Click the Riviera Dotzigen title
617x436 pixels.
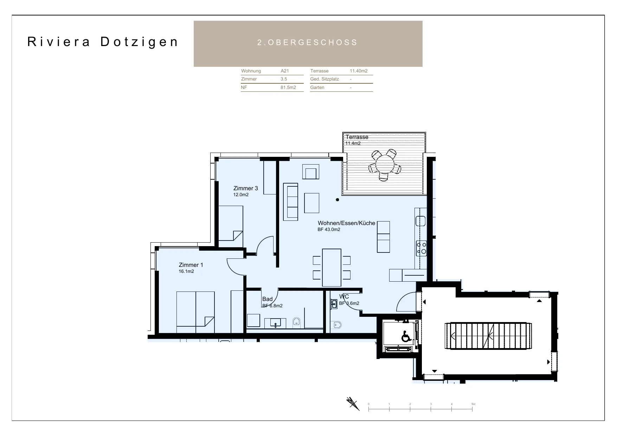click(103, 42)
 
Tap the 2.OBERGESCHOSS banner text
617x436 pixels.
click(308, 43)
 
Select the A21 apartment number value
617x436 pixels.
click(285, 71)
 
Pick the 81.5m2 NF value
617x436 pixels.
click(288, 88)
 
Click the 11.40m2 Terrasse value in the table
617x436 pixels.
click(359, 71)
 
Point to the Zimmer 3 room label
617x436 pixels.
click(246, 188)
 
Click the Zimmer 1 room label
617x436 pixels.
click(191, 265)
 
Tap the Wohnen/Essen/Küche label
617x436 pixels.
click(347, 223)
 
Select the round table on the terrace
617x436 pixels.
click(384, 164)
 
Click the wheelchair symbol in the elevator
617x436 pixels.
click(406, 336)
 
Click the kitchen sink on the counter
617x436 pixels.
click(420, 221)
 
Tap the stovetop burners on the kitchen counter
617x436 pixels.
click(421, 248)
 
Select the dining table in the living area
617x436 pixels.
click(332, 268)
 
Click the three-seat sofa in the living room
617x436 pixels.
click(291, 202)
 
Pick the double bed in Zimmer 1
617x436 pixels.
click(195, 312)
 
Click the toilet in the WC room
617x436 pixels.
click(337, 325)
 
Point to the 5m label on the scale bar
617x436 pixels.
click(473, 404)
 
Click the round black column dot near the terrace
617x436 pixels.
click(338, 200)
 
